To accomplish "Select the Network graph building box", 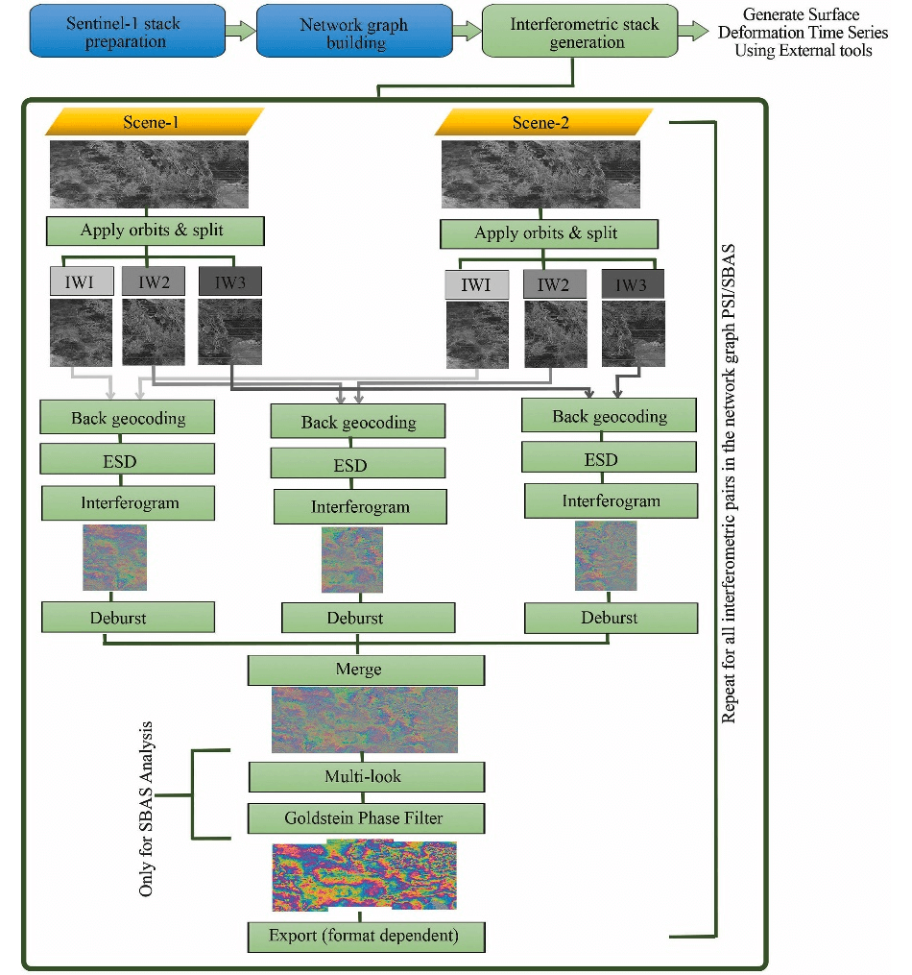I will point(354,35).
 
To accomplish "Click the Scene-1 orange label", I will point(152,122).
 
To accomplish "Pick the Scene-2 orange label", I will point(542,123).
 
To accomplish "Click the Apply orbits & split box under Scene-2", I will point(548,233).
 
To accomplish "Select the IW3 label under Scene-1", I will point(230,281).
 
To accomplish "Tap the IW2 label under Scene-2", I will point(553,284).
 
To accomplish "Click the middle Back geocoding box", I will point(358,422).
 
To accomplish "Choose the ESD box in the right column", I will point(609,460).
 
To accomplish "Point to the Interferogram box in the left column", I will point(129,501).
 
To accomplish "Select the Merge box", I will point(366,670).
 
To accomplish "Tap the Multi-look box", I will point(366,775).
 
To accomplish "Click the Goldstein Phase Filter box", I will point(366,818).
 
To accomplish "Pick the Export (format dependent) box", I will point(366,935).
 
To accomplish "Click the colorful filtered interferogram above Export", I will point(366,877).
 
